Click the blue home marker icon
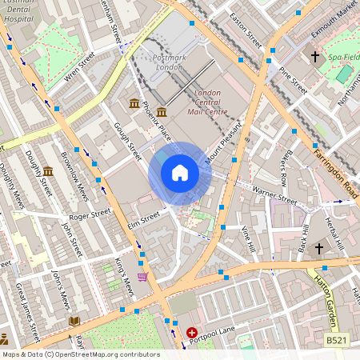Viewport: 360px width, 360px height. pyautogui.click(x=180, y=172)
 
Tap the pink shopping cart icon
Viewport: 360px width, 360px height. pyautogui.click(x=142, y=277)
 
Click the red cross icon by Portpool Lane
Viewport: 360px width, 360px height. pyautogui.click(x=192, y=332)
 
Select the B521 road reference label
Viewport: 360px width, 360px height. pyautogui.click(x=337, y=340)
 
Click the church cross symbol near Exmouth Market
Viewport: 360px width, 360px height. pyautogui.click(x=315, y=57)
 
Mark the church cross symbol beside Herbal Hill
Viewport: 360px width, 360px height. pyautogui.click(x=318, y=249)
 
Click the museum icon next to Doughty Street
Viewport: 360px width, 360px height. pyautogui.click(x=48, y=171)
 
